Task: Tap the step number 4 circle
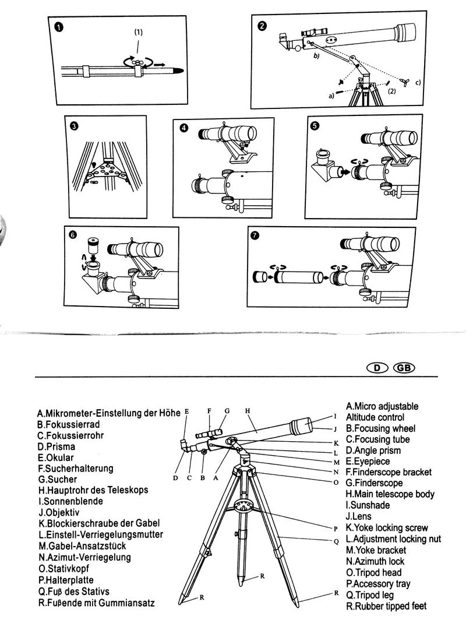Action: point(184,128)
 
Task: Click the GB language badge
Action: point(405,368)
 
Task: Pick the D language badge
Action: point(377,368)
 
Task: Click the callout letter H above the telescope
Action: point(247,411)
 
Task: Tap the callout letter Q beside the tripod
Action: point(336,541)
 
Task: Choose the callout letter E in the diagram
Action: point(186,411)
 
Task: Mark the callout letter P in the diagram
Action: point(336,528)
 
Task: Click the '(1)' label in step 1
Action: point(138,33)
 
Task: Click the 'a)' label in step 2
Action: point(331,96)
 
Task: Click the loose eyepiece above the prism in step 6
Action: point(91,244)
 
